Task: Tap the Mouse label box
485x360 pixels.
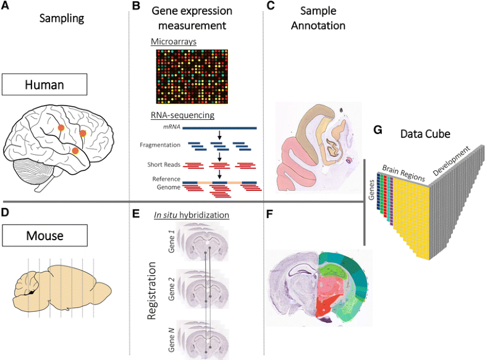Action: (x=44, y=235)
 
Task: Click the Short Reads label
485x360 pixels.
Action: (x=164, y=164)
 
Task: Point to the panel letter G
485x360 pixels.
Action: (x=379, y=132)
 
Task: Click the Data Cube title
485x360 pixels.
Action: (x=425, y=133)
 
